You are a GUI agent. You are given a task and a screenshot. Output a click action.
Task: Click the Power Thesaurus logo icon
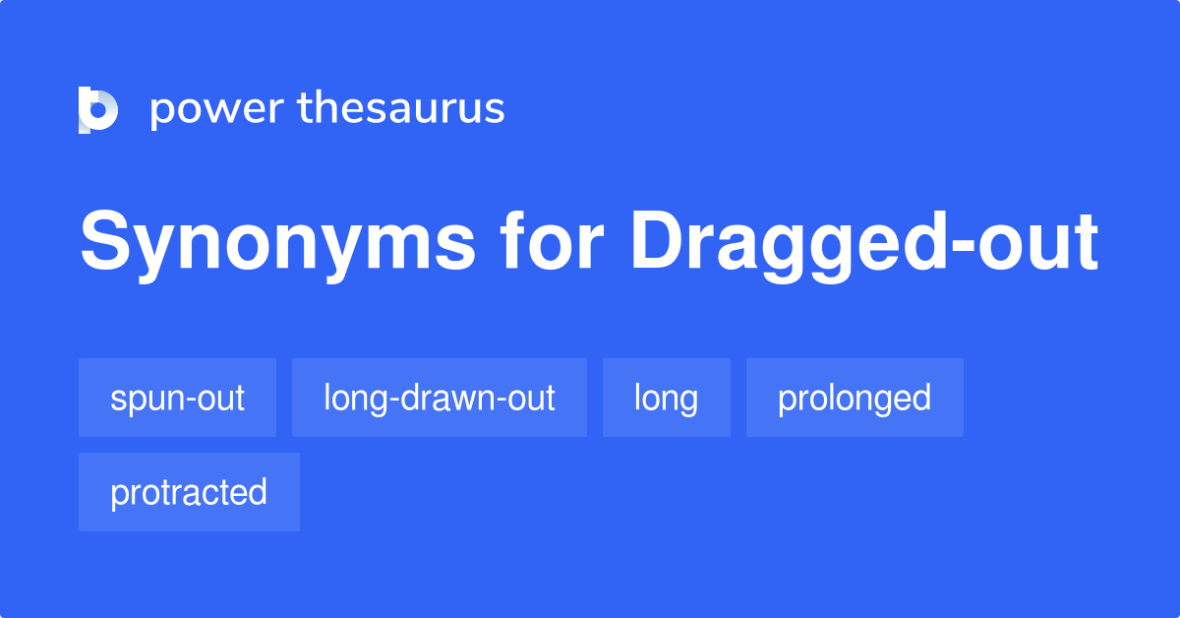coord(98,109)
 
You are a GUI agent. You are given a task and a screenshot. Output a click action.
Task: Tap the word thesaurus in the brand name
coord(401,107)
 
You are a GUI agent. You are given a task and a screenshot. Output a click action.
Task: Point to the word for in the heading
coord(552,240)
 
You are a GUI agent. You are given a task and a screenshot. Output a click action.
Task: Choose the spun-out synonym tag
coord(178,398)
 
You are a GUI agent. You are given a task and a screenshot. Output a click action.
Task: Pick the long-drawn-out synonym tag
coord(440,398)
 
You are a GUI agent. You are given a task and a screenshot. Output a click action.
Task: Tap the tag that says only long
coord(667,398)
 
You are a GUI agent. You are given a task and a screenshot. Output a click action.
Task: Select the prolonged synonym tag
coord(855,398)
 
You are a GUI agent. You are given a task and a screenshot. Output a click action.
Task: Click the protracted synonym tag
coord(189,492)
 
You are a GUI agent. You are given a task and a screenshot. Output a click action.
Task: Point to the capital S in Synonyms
coord(105,240)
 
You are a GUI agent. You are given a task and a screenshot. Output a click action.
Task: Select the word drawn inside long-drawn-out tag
coord(448,397)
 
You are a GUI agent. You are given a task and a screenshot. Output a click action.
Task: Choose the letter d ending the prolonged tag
coord(922,397)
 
